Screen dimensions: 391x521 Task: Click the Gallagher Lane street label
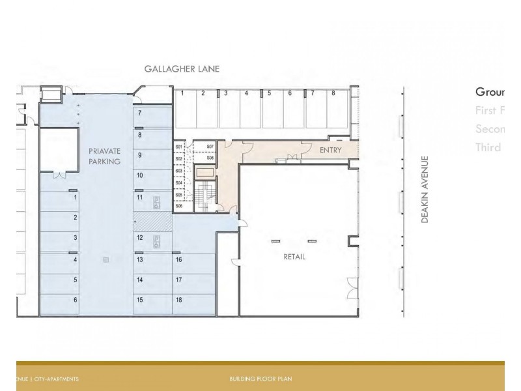click(182, 68)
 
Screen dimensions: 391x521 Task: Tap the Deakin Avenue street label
click(425, 190)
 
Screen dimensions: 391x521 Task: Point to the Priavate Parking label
click(104, 156)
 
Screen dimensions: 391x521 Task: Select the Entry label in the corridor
click(330, 151)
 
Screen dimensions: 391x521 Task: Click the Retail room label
click(294, 257)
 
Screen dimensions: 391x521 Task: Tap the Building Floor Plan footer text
click(260, 379)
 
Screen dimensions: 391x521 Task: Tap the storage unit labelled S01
click(179, 147)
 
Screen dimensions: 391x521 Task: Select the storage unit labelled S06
click(179, 206)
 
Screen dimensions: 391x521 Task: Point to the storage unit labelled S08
click(210, 158)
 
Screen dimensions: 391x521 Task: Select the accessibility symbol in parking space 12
click(156, 242)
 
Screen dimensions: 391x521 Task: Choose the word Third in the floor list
click(488, 147)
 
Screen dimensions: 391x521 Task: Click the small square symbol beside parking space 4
click(106, 260)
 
